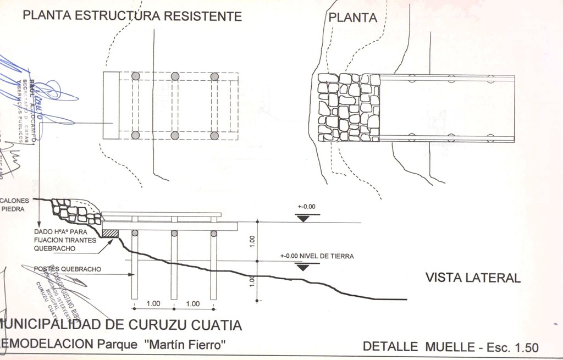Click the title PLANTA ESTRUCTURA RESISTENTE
[132, 16]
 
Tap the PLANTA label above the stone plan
[353, 18]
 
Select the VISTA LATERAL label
[472, 278]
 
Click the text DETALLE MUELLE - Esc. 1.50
[450, 347]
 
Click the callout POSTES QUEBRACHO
[67, 269]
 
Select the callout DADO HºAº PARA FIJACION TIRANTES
[64, 236]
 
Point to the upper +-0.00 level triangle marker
[302, 218]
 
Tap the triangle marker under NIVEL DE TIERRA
[302, 267]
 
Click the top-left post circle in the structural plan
[136, 76]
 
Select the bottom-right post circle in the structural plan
[214, 135]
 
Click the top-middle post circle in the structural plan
[175, 76]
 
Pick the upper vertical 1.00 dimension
[252, 240]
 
